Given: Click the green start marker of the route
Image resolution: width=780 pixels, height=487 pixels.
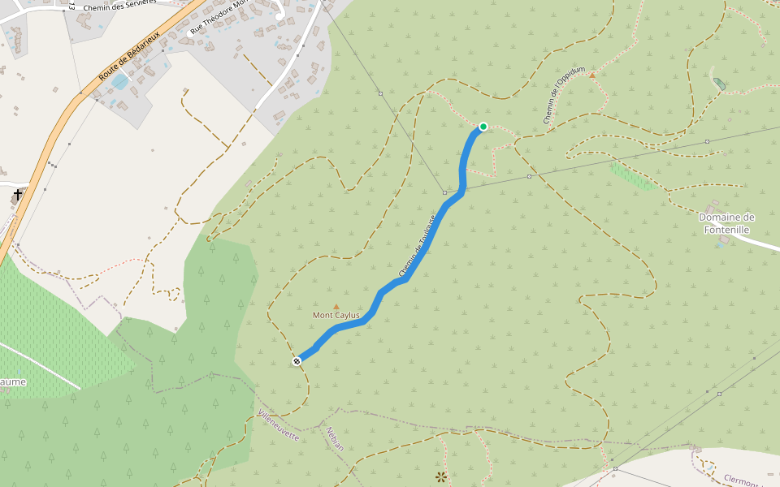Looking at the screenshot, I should coord(483,127).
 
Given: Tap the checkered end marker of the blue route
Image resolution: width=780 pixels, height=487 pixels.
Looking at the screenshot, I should coord(297,360).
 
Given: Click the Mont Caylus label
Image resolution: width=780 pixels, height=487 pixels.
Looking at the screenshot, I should coord(336,315).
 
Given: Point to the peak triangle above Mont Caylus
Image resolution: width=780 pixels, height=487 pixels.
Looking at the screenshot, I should coord(336,306).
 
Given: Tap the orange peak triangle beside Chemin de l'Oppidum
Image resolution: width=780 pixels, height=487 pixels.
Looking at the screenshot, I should coord(592,75).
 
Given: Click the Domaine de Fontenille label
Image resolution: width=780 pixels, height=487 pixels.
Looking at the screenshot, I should coord(726,223).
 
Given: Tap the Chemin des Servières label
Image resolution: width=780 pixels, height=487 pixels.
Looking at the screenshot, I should coord(119,6).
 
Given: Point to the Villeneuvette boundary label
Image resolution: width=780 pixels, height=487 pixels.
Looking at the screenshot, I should coord(279,426).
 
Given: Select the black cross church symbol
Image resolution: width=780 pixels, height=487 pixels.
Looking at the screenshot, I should coord(18,195).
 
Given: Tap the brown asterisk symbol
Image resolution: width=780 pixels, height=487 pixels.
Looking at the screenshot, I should coord(441,477).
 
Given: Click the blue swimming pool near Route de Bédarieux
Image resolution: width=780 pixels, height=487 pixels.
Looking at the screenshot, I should coord(120,81).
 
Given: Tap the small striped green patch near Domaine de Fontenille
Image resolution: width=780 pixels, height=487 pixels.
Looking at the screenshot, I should coord(632,176).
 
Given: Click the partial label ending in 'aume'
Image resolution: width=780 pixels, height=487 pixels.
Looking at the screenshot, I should coord(13,381).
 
